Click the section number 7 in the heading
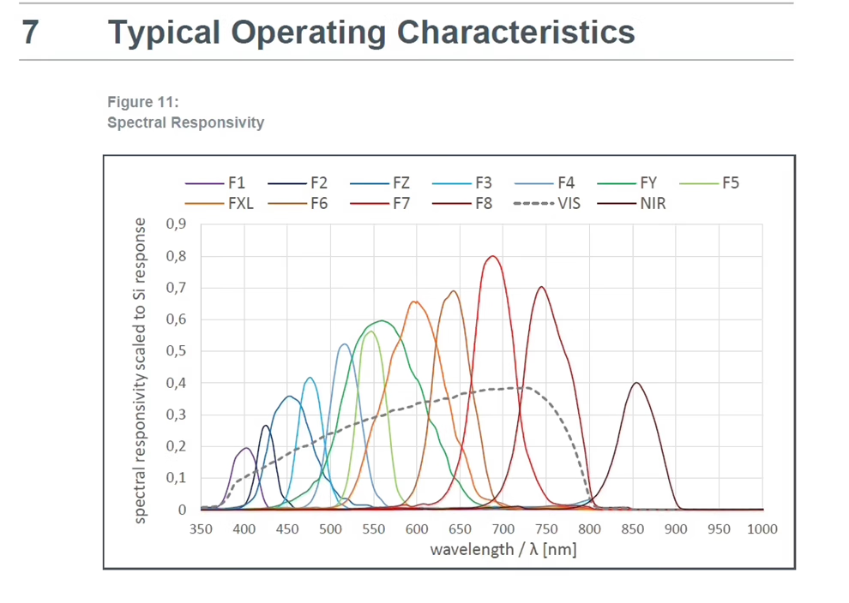30,33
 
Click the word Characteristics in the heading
515,33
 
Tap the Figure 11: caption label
142,102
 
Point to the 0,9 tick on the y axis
176,224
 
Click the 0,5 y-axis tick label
176,351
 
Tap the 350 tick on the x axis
201,528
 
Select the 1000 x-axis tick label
762,528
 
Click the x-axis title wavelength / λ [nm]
503,549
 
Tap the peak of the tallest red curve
492,256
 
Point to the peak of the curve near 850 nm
635,383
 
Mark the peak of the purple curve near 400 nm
245,448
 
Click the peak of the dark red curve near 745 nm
541,287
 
